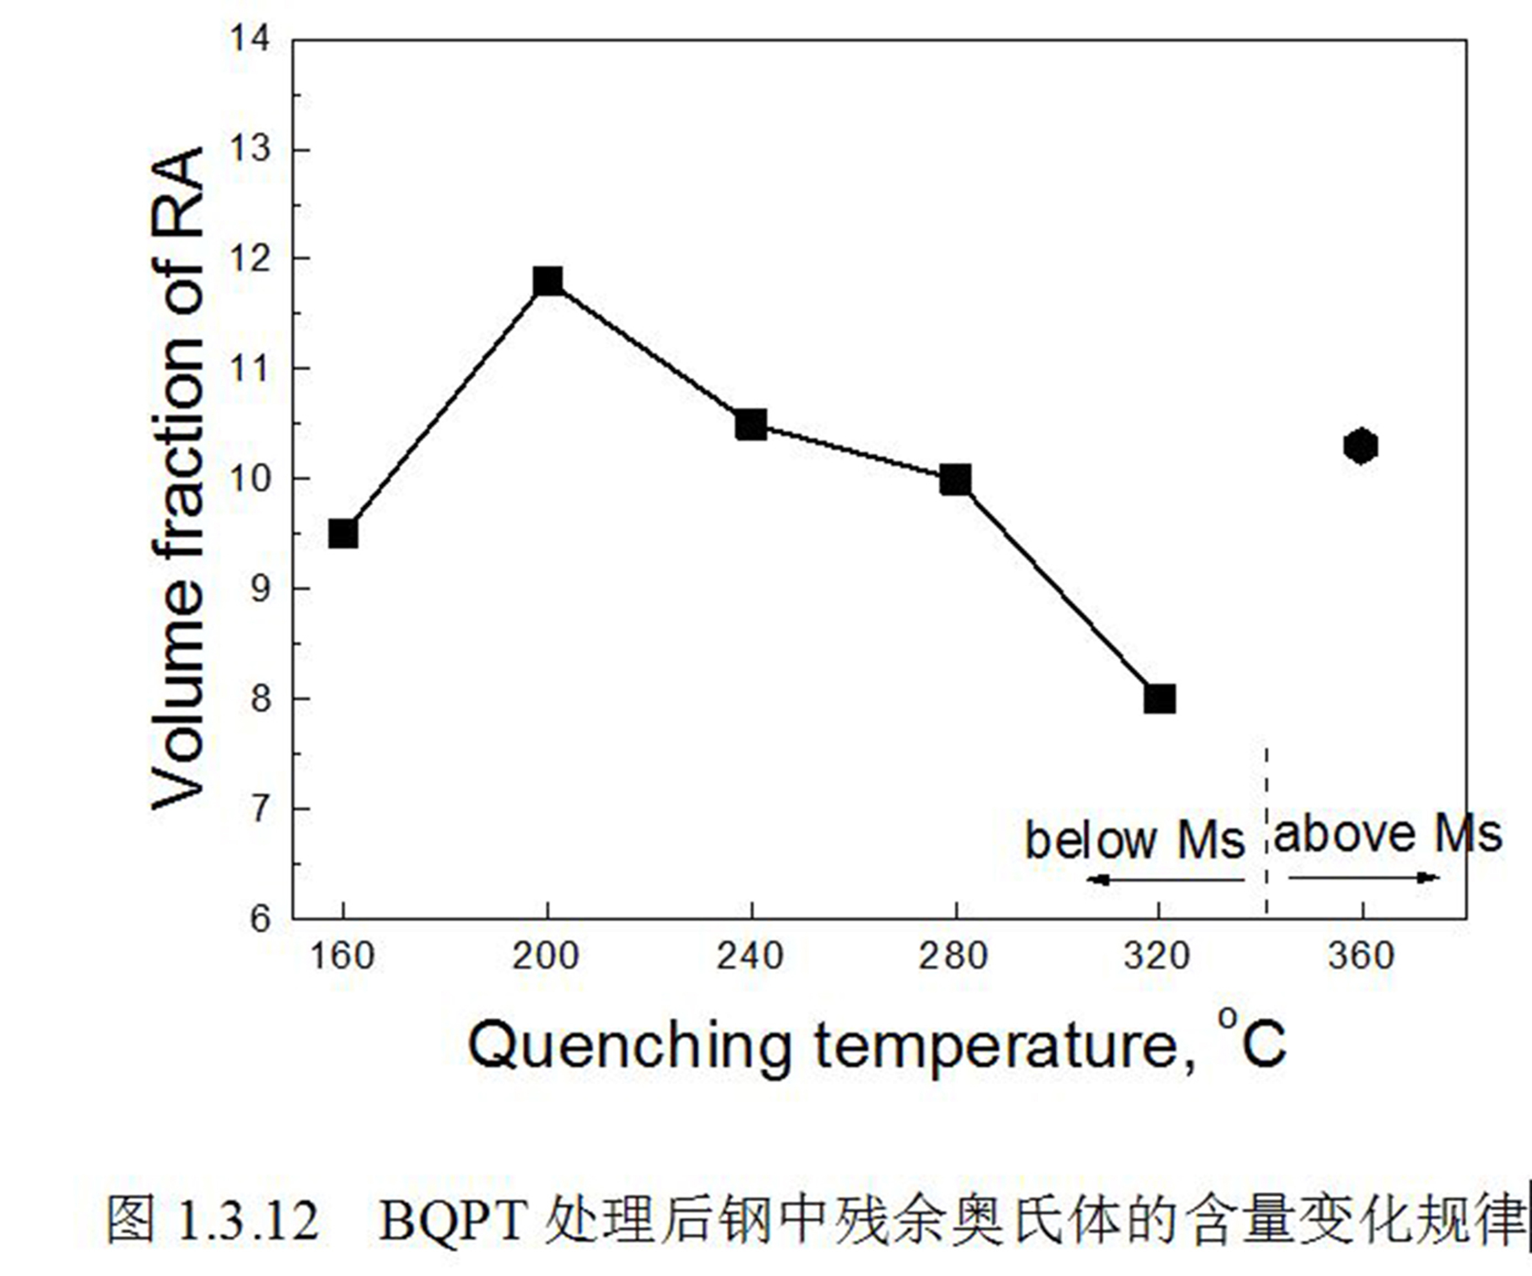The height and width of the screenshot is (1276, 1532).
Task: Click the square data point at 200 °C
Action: (x=548, y=281)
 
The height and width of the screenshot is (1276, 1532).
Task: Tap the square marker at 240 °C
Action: (x=752, y=425)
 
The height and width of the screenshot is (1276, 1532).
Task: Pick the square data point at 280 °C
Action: (x=956, y=480)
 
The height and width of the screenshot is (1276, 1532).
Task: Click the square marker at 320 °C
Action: (x=1160, y=699)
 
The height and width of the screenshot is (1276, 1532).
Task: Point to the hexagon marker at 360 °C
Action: (x=1361, y=446)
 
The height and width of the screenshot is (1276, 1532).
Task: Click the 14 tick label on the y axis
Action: (x=250, y=38)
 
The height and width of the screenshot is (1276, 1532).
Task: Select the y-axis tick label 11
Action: (x=250, y=369)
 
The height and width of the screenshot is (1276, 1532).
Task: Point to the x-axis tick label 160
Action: (x=342, y=956)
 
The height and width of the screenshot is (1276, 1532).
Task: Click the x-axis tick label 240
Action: (x=751, y=956)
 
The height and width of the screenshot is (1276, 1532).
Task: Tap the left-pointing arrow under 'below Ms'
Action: (x=1165, y=880)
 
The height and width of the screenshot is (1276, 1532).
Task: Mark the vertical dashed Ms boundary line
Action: (x=1266, y=832)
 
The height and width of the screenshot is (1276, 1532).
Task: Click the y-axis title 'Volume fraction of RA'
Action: (x=177, y=478)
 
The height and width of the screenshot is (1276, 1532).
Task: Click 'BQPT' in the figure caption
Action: (x=453, y=1220)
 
